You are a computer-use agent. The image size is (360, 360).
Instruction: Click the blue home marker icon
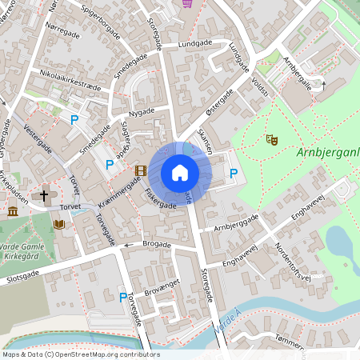coord(179,173)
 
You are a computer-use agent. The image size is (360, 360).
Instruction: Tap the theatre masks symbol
coord(272,139)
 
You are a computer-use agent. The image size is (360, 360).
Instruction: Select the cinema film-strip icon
coord(141,170)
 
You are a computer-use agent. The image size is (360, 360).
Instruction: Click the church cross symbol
coord(44,193)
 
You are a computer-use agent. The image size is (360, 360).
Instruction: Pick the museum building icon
coord(13,211)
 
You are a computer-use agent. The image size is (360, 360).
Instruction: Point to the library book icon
coord(59,225)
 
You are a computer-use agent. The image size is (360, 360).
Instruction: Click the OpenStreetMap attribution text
coord(80,354)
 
